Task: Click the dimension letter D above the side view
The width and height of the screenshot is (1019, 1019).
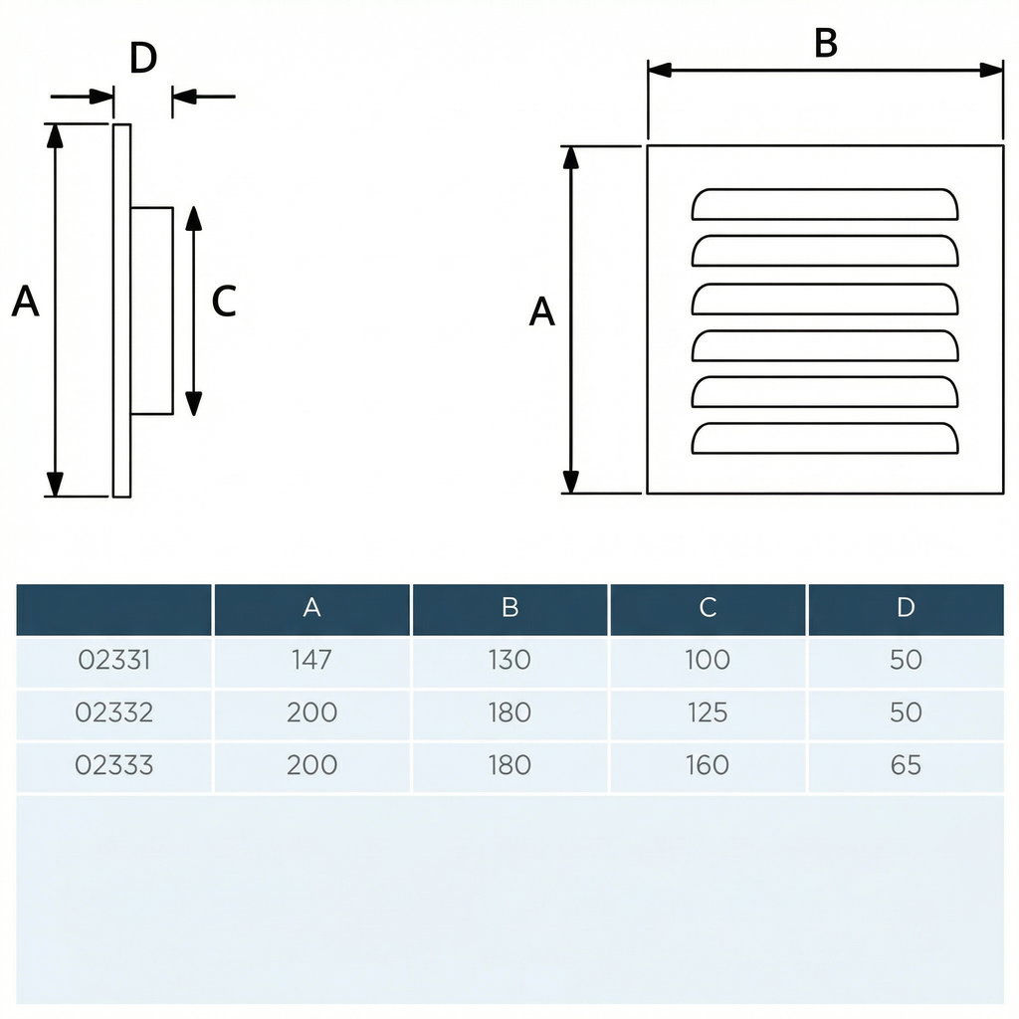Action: click(143, 60)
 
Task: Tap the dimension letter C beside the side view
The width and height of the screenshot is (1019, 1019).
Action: click(224, 302)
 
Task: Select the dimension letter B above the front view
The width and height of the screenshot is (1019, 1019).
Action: click(825, 44)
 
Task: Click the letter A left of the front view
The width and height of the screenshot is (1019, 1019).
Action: click(541, 312)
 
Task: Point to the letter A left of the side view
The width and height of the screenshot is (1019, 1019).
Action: click(26, 302)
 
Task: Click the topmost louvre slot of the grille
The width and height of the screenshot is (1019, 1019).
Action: click(825, 204)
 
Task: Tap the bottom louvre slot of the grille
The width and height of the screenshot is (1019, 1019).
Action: click(825, 439)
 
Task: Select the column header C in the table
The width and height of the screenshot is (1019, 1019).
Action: click(708, 608)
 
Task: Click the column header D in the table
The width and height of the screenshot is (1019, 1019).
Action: click(906, 608)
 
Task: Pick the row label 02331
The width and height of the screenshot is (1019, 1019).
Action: click(114, 660)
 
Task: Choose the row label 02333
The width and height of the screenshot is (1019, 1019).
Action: click(114, 765)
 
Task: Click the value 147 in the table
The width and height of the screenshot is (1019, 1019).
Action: click(311, 660)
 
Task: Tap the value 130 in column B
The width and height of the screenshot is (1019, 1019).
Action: click(509, 660)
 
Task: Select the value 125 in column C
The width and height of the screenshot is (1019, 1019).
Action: click(708, 713)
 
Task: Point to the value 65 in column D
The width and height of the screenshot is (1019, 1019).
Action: click(906, 765)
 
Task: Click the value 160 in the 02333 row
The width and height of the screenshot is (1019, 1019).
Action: click(708, 765)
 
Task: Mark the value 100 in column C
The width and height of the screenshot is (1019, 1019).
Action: click(708, 660)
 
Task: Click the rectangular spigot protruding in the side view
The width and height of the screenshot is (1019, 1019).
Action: click(151, 310)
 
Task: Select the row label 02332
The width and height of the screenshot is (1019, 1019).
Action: click(114, 713)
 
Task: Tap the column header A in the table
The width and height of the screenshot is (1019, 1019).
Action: click(311, 608)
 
